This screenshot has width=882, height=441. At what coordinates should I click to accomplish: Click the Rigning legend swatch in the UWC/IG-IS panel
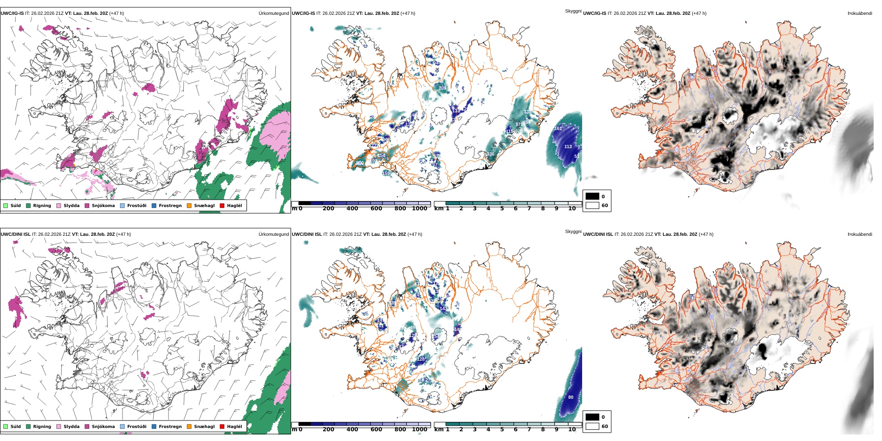pyautogui.click(x=28, y=206)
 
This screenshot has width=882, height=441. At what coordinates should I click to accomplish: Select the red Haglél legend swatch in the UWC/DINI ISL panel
pyautogui.click(x=222, y=427)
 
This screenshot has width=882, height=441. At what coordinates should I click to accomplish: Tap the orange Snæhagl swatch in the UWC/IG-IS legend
pyautogui.click(x=189, y=206)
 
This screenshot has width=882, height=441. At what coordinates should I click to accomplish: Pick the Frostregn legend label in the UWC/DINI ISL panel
pyautogui.click(x=170, y=427)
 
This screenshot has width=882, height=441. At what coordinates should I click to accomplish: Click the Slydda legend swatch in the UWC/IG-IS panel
pyautogui.click(x=58, y=206)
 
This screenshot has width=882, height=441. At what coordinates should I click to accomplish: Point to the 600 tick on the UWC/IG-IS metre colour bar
pyautogui.click(x=376, y=208)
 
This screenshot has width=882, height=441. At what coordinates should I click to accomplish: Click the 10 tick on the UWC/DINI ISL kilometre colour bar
pyautogui.click(x=572, y=429)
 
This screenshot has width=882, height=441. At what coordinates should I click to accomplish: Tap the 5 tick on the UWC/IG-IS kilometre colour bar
pyautogui.click(x=502, y=208)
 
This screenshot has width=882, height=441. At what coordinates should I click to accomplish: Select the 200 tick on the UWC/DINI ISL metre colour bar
pyautogui.click(x=328, y=429)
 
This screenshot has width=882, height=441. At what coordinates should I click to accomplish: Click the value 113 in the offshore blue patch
pyautogui.click(x=568, y=147)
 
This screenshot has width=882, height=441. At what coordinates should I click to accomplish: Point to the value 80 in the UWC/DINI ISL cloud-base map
pyautogui.click(x=571, y=397)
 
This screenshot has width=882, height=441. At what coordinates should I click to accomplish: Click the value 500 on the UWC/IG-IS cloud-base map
pyautogui.click(x=360, y=163)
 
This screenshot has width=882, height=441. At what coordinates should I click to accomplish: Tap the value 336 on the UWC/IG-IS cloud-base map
pyautogui.click(x=490, y=154)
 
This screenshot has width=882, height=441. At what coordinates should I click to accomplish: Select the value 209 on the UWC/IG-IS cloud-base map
pyautogui.click(x=442, y=88)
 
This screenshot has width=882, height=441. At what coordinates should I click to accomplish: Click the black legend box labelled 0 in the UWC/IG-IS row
pyautogui.click(x=592, y=196)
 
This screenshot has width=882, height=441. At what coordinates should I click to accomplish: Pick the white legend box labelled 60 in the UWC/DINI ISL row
pyautogui.click(x=592, y=426)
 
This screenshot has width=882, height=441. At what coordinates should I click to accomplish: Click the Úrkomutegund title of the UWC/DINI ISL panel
pyautogui.click(x=273, y=234)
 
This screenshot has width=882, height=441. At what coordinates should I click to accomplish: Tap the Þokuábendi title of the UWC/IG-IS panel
pyautogui.click(x=860, y=13)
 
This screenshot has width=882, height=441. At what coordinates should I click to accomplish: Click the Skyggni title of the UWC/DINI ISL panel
pyautogui.click(x=573, y=232)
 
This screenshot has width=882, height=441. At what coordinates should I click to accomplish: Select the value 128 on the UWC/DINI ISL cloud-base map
pyautogui.click(x=421, y=359)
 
